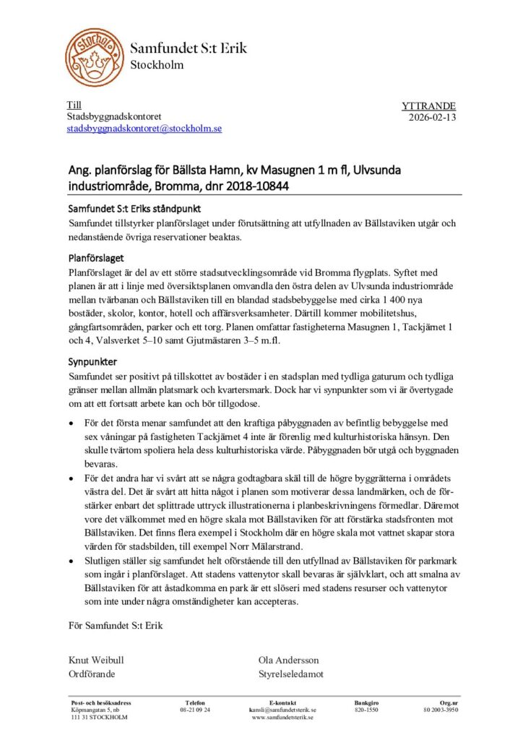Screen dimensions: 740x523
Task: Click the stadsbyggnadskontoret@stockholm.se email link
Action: click(144, 129)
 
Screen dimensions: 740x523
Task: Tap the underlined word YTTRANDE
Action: click(428, 106)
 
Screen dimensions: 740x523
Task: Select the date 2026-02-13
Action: click(432, 117)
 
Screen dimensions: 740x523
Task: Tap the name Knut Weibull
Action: click(97, 660)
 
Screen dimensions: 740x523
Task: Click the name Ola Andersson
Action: click(288, 660)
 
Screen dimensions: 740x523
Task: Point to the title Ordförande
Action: click(92, 674)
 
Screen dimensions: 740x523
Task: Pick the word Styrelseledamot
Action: click(291, 674)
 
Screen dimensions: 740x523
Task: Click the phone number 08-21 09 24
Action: click(195, 710)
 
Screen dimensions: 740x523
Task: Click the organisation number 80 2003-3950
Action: click(441, 710)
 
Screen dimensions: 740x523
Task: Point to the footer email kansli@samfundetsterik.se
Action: click(282, 710)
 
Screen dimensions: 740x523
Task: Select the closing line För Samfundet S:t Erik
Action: click(116, 626)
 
